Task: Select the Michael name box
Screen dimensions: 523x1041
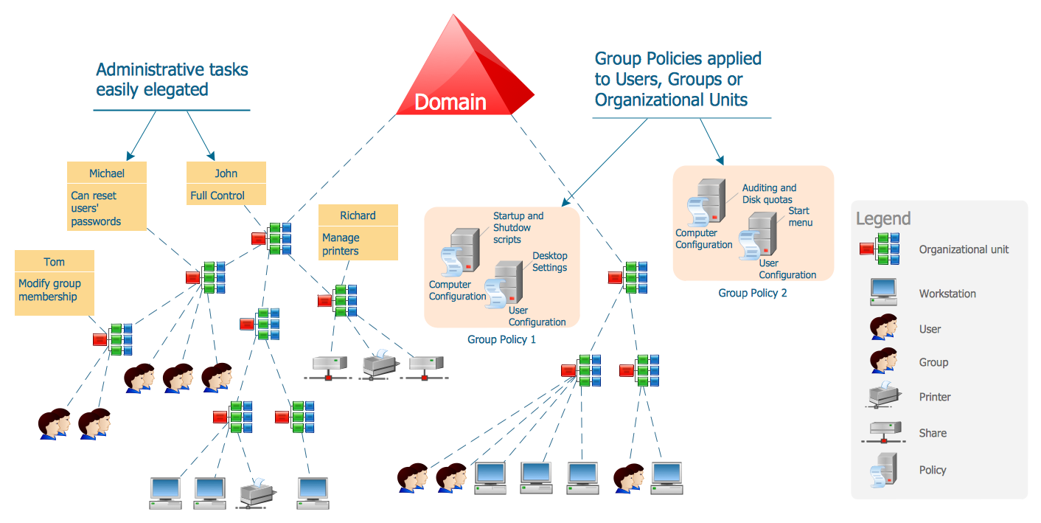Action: (x=107, y=173)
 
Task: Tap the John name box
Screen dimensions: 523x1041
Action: (x=226, y=173)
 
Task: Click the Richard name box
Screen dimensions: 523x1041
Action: (x=358, y=215)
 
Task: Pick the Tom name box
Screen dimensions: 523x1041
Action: (x=54, y=262)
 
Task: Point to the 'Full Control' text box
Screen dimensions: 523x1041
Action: (x=226, y=195)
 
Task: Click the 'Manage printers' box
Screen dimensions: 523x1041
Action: (x=358, y=244)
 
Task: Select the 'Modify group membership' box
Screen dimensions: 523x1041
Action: (x=54, y=290)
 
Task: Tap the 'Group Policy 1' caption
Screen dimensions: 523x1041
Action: (x=501, y=339)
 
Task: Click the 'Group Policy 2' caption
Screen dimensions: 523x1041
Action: (x=753, y=293)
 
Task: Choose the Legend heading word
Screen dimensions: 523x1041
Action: (x=883, y=218)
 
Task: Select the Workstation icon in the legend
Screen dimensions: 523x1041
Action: (x=882, y=292)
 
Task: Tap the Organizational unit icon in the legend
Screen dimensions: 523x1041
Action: (x=880, y=249)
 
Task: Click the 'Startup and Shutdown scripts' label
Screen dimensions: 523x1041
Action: (x=518, y=227)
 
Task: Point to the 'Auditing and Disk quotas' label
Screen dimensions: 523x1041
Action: (x=769, y=193)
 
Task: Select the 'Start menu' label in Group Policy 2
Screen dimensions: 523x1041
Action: (x=800, y=216)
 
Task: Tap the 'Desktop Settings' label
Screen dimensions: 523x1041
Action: (x=550, y=262)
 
